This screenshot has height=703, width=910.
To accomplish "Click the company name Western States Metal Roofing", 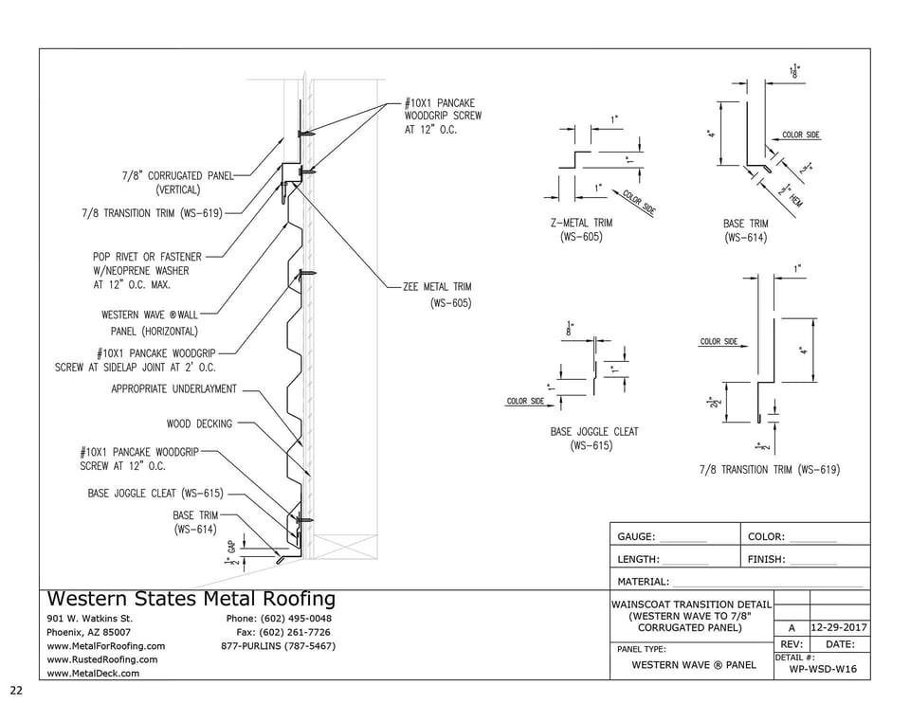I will pyautogui.click(x=191, y=599).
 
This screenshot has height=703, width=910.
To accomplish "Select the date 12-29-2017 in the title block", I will pyautogui.click(x=839, y=627).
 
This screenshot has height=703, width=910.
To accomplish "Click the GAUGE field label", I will pyautogui.click(x=636, y=536).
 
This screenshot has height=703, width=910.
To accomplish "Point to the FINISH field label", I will pyautogui.click(x=766, y=559).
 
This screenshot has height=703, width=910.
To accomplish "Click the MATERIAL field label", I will pyautogui.click(x=643, y=582).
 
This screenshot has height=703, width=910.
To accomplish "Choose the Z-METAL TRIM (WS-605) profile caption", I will pyautogui.click(x=581, y=229).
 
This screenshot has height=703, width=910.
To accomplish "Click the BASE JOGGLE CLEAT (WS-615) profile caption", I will pyautogui.click(x=594, y=438).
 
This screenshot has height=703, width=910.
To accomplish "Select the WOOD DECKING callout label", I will pyautogui.click(x=199, y=424).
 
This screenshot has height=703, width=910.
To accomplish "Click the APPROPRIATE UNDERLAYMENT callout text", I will pyautogui.click(x=173, y=388).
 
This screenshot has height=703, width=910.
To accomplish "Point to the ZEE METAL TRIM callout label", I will pyautogui.click(x=437, y=294).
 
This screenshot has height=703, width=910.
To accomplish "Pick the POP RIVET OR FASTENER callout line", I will pyautogui.click(x=147, y=256).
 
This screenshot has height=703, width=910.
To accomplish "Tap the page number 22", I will pyautogui.click(x=16, y=690).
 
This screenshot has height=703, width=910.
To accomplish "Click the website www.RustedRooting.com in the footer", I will pyautogui.click(x=102, y=659).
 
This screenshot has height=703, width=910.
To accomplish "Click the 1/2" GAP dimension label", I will pyautogui.click(x=230, y=554).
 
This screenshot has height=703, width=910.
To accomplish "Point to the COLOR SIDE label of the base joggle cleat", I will pyautogui.click(x=525, y=401).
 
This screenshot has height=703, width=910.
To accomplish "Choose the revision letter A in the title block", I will pyautogui.click(x=792, y=627).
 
